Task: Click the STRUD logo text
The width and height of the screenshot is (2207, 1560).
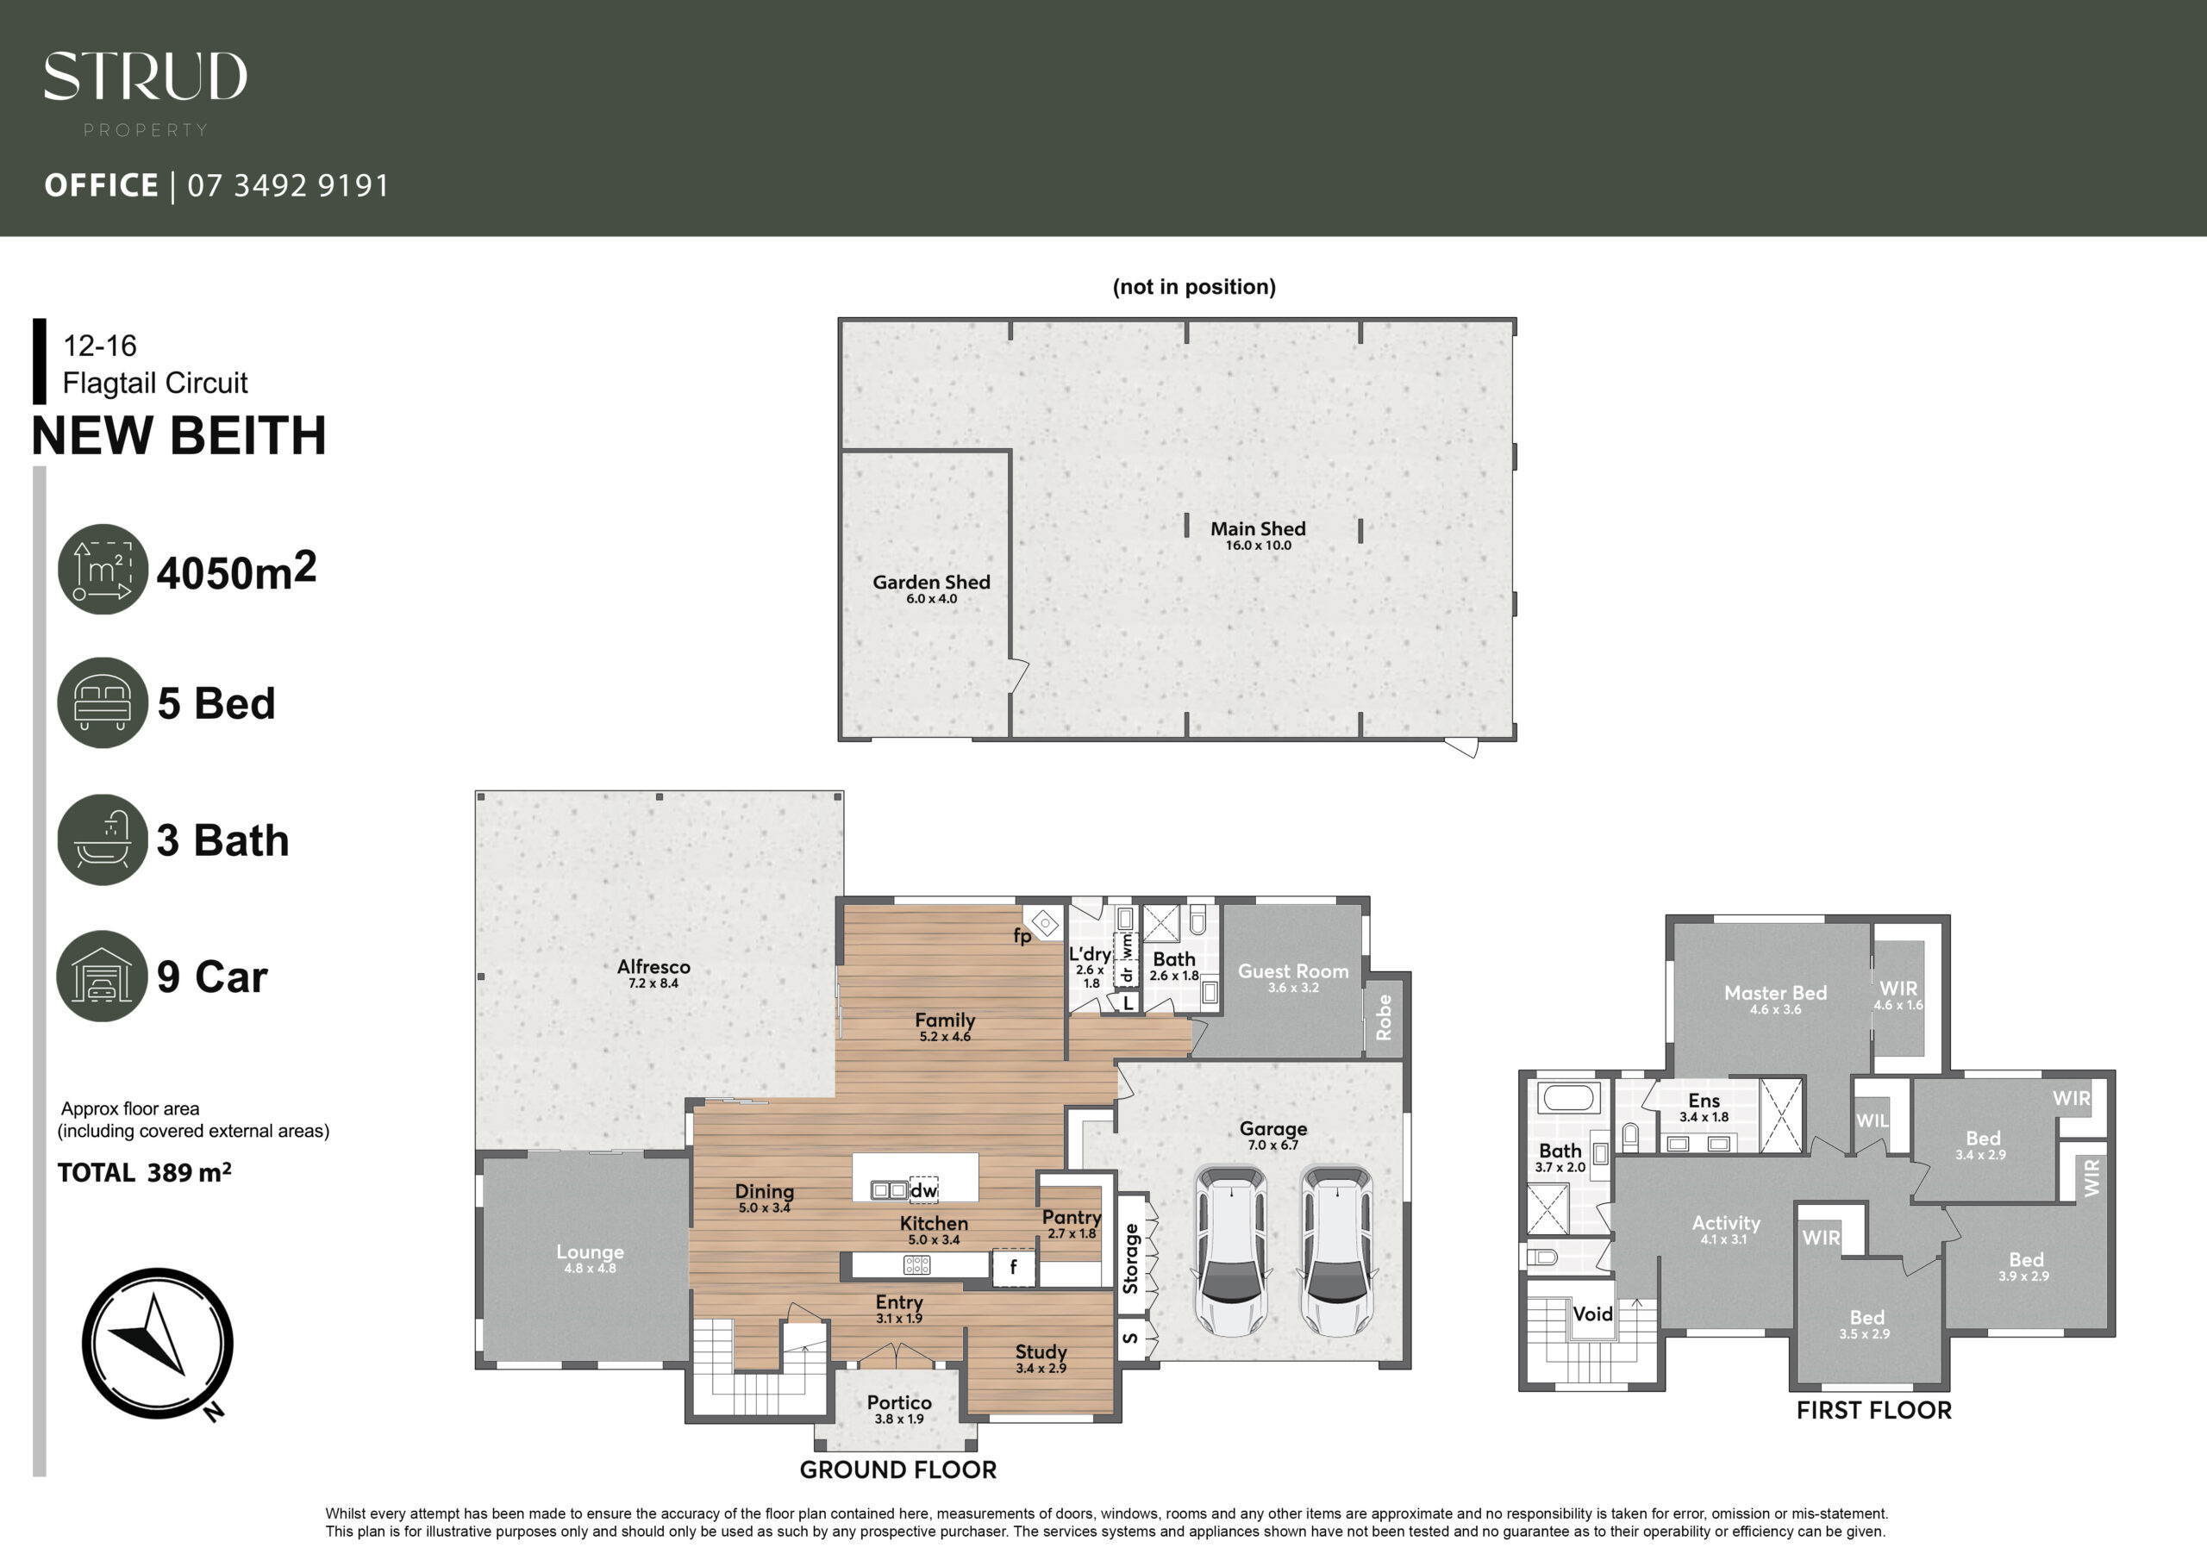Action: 145,76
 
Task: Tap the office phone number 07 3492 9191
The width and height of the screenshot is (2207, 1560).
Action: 288,185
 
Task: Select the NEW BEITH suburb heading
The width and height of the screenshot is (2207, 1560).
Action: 178,435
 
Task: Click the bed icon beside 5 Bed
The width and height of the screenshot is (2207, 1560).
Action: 103,702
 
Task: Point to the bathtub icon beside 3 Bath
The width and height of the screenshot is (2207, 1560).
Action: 103,839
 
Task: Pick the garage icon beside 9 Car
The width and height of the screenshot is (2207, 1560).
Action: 102,976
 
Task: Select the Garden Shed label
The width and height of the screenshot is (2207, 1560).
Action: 931,582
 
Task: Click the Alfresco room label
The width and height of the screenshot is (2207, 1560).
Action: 653,967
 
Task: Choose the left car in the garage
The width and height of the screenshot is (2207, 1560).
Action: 1231,1251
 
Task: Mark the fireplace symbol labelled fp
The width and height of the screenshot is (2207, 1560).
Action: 1044,924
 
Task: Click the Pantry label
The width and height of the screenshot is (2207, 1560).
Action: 1072,1218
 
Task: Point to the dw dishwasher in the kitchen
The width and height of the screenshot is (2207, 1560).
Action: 923,1190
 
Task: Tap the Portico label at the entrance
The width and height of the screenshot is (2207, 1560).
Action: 900,1403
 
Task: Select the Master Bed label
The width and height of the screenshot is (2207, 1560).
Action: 1775,993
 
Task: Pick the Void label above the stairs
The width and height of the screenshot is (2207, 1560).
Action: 1593,1314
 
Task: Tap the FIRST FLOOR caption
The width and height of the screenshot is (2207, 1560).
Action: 1874,1410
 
